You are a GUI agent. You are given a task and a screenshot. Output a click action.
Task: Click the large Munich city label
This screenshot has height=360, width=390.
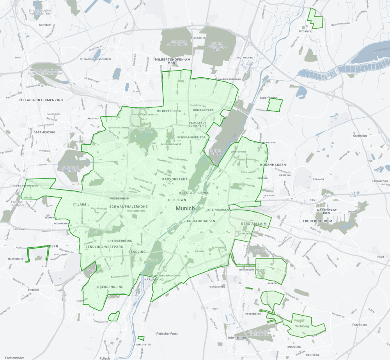coord(185,208)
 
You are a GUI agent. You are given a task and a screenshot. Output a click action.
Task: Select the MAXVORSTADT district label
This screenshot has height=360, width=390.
coord(175,179)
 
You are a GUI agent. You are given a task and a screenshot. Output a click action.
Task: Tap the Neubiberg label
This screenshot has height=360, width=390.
coord(302,325)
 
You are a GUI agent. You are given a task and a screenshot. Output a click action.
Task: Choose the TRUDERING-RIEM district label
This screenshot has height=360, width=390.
coord(319,221)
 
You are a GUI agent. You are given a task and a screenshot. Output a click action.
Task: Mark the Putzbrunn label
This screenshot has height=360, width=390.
coord(349,324)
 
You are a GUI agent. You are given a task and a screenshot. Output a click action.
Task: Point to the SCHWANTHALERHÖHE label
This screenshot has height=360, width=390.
coord(129,206)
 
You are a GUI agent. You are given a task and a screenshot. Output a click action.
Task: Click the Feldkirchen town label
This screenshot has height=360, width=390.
coord(379,181)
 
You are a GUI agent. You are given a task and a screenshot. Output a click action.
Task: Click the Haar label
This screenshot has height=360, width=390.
coord(381,257)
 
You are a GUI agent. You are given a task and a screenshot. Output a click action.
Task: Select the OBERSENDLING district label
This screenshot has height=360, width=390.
coord(110,287)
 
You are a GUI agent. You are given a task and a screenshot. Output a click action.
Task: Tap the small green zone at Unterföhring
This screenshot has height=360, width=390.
coord(275,104)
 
